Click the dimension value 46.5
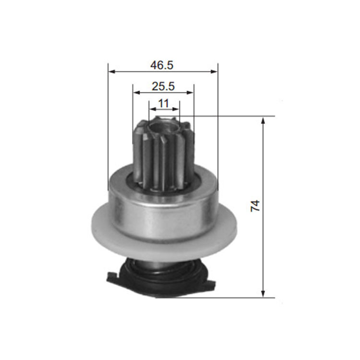tap(162, 65)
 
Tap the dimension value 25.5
tap(163, 86)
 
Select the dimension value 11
tap(164, 104)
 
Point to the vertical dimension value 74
tap(255, 206)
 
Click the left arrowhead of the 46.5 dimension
tap(111, 72)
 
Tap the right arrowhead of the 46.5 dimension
tap(214, 72)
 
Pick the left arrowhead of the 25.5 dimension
tap(136, 93)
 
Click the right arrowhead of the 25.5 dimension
tap(190, 93)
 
